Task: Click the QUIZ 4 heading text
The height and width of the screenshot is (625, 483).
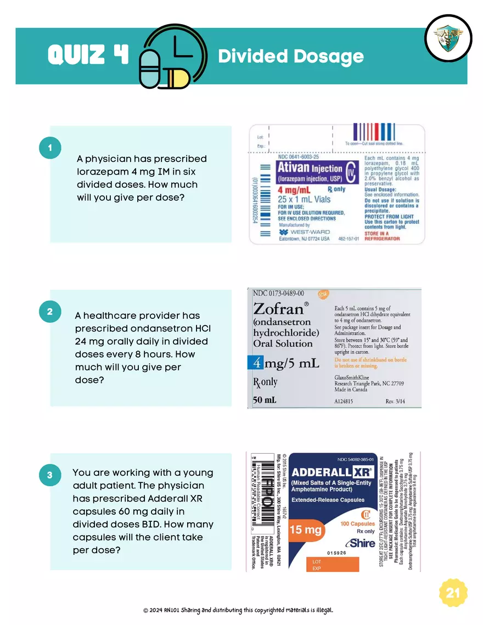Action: point(88,55)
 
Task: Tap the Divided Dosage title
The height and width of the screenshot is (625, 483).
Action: point(291,56)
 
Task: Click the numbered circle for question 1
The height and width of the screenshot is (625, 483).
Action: point(50,148)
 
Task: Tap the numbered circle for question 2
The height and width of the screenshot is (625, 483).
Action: point(50,312)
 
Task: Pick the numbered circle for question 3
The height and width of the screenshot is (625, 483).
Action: point(50,475)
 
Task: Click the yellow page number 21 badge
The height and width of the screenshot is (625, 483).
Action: point(453,593)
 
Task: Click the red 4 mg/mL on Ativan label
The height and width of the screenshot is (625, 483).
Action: point(294,190)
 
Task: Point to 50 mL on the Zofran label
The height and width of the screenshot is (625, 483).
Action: point(265,400)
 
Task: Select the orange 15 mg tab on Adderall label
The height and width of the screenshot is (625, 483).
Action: point(306,530)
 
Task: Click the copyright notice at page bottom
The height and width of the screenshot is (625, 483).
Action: point(238,610)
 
